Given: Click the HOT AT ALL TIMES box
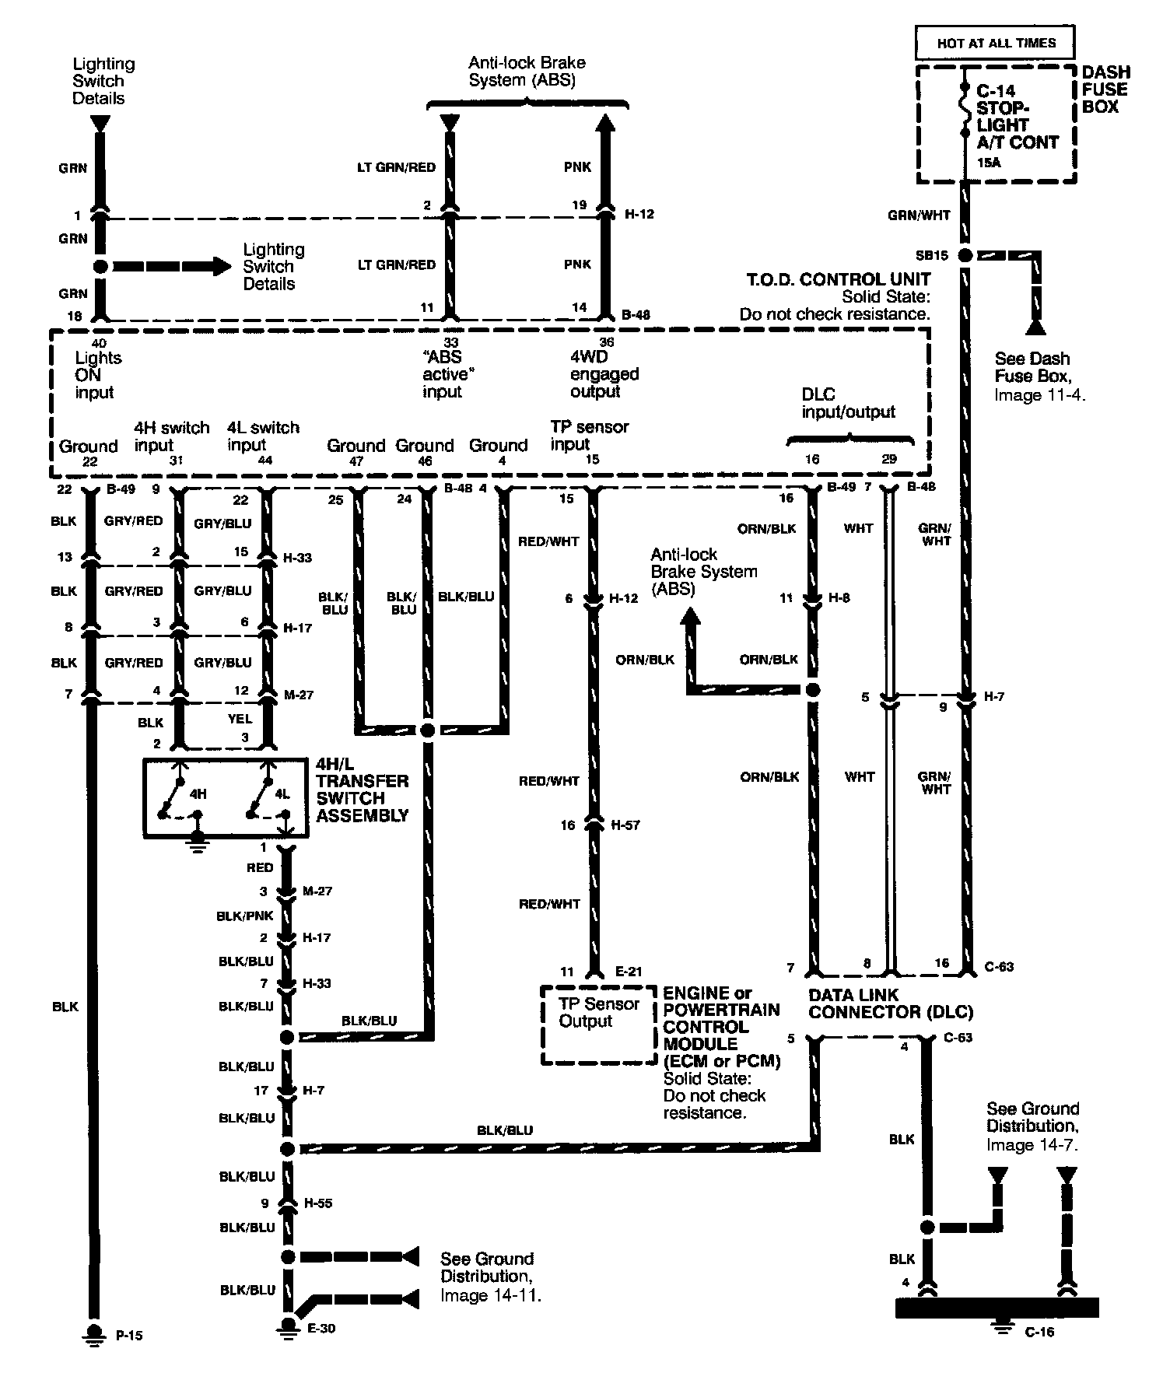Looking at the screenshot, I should pos(997,43).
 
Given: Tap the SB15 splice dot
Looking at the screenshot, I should pos(965,255).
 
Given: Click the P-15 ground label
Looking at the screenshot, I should pos(129,1336).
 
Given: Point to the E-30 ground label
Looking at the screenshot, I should pos(321,1329).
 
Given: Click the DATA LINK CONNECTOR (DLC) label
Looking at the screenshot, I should pos(891,1003).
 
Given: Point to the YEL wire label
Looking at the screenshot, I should pos(240,720).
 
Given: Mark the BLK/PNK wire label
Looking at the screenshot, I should pos(245,916).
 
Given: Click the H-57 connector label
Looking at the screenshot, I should pos(625,825).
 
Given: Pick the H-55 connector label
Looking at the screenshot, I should pos(317,1203).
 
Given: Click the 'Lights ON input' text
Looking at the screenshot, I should pos(97,375).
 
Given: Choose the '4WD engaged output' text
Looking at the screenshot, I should pos(604,374).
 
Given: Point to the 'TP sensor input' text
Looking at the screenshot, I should pos(589,436).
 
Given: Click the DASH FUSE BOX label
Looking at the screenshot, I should pos(1105,89).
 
